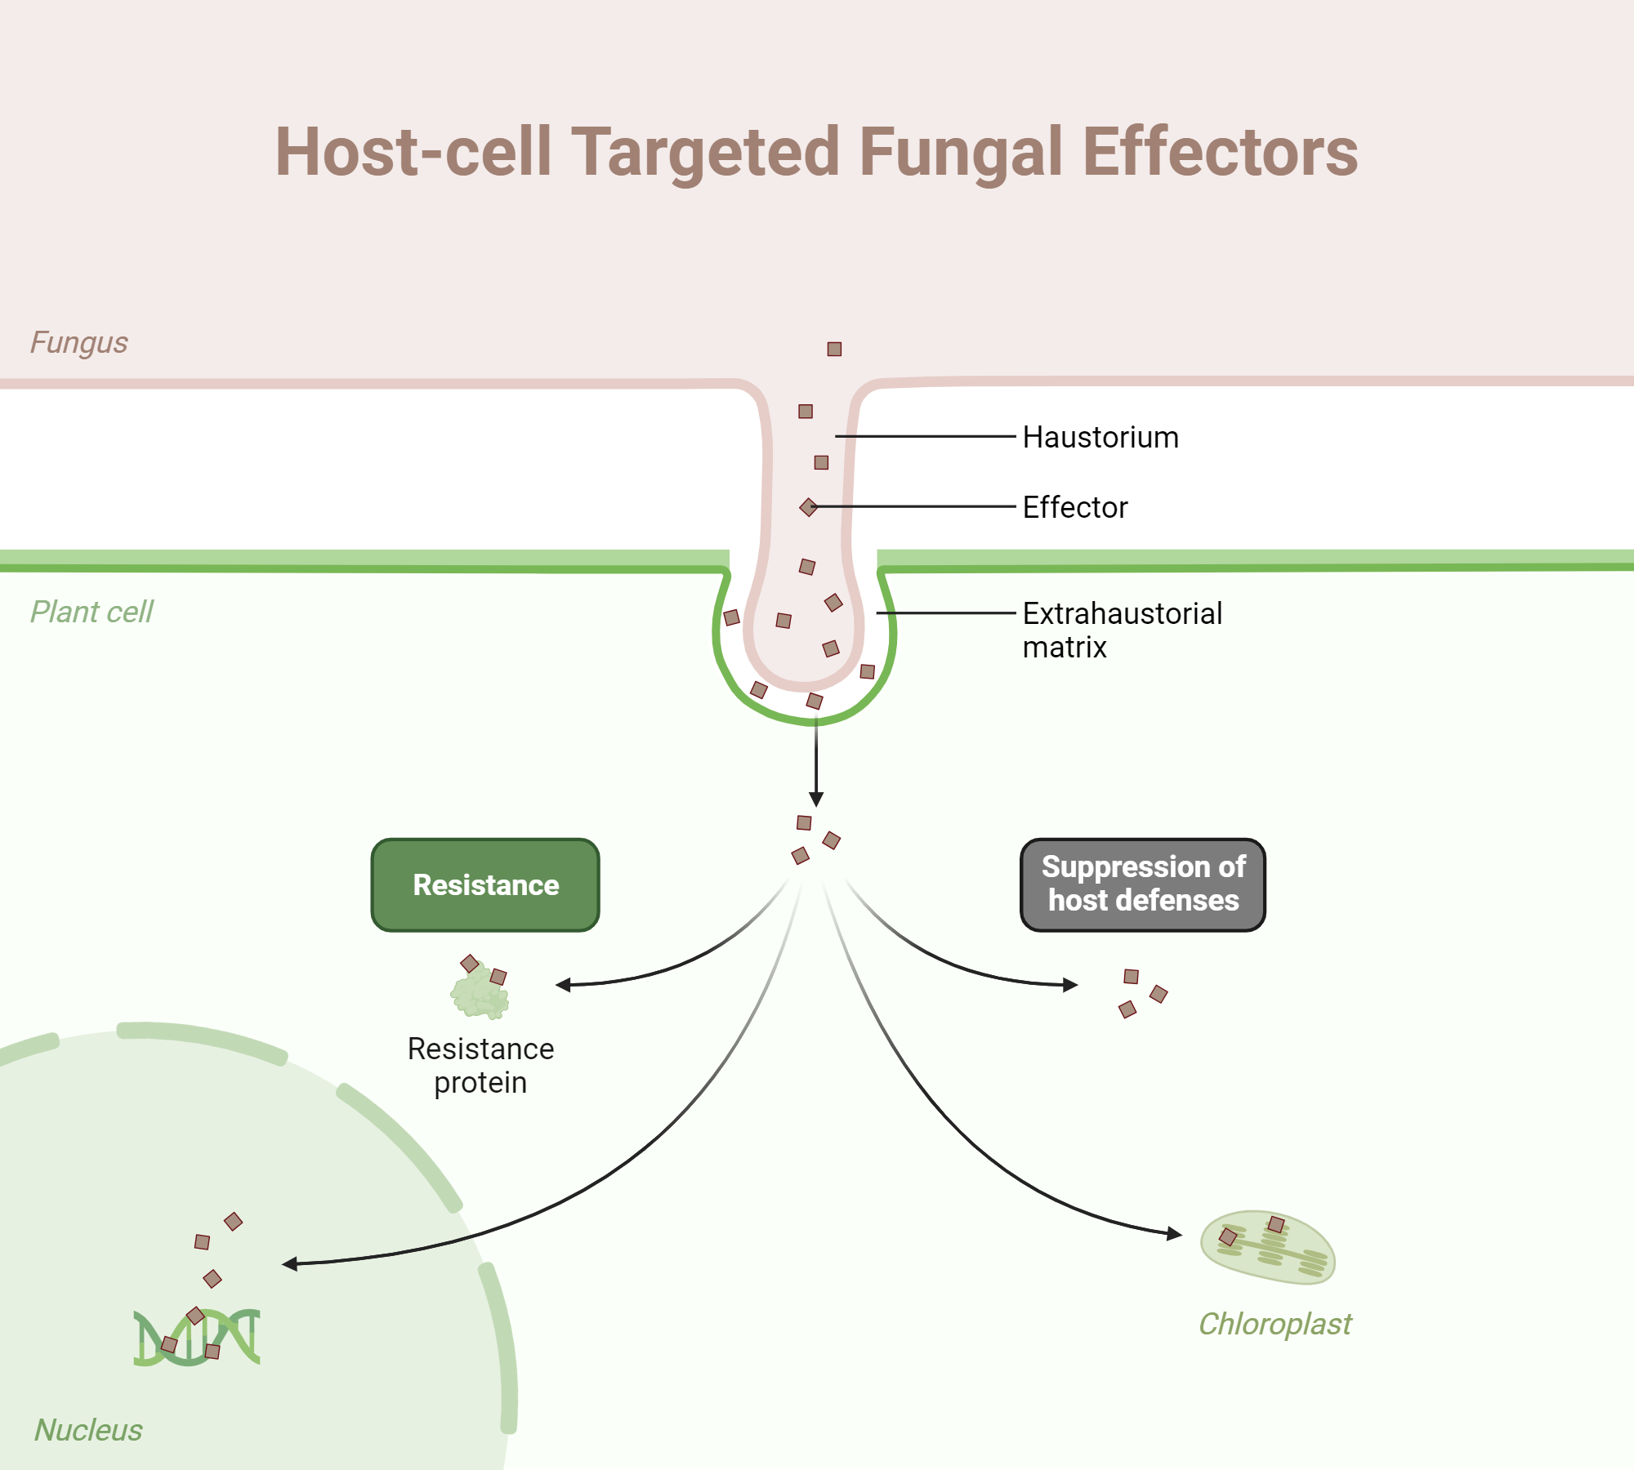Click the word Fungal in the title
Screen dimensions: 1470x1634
click(x=960, y=153)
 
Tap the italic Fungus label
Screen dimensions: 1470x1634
click(x=79, y=343)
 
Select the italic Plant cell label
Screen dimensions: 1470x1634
click(x=92, y=612)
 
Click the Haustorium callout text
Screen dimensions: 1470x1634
click(x=1100, y=438)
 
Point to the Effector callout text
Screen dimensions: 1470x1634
click(x=1074, y=508)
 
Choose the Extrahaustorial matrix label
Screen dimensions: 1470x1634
click(x=1121, y=630)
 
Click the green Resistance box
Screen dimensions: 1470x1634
click(x=485, y=885)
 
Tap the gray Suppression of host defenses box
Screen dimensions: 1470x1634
click(x=1142, y=884)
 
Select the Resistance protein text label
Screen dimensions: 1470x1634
click(x=480, y=1065)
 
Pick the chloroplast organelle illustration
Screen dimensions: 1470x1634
click(x=1267, y=1248)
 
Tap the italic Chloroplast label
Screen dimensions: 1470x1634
click(x=1275, y=1324)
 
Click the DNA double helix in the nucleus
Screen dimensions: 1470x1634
click(x=197, y=1338)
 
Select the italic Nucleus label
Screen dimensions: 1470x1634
click(x=88, y=1430)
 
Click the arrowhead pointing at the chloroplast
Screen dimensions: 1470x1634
click(x=1176, y=1233)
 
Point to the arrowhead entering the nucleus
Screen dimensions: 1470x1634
click(x=289, y=1264)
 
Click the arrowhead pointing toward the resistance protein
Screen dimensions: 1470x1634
click(x=563, y=985)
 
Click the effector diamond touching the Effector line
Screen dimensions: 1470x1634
click(x=809, y=507)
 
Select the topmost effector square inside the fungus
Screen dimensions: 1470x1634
click(x=834, y=350)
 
